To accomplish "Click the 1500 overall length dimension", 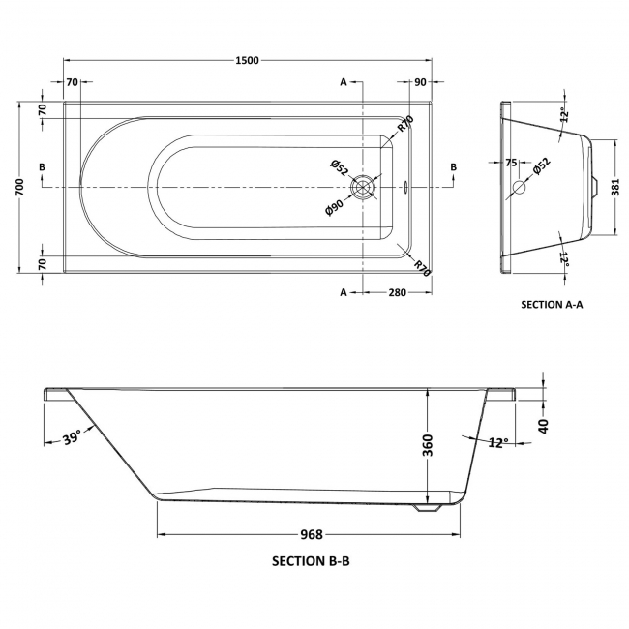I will coord(247,60).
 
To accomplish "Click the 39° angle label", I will coord(71,439).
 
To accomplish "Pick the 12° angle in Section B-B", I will coord(498,442).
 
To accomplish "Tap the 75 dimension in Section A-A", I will coord(510,164).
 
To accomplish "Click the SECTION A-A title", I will coord(553,304).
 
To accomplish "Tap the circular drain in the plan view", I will coord(364,186).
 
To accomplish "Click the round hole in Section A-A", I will coord(519,187).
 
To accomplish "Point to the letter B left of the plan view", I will coord(42,167).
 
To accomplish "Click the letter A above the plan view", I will coord(344,82).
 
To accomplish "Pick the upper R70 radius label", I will coord(405,124).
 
